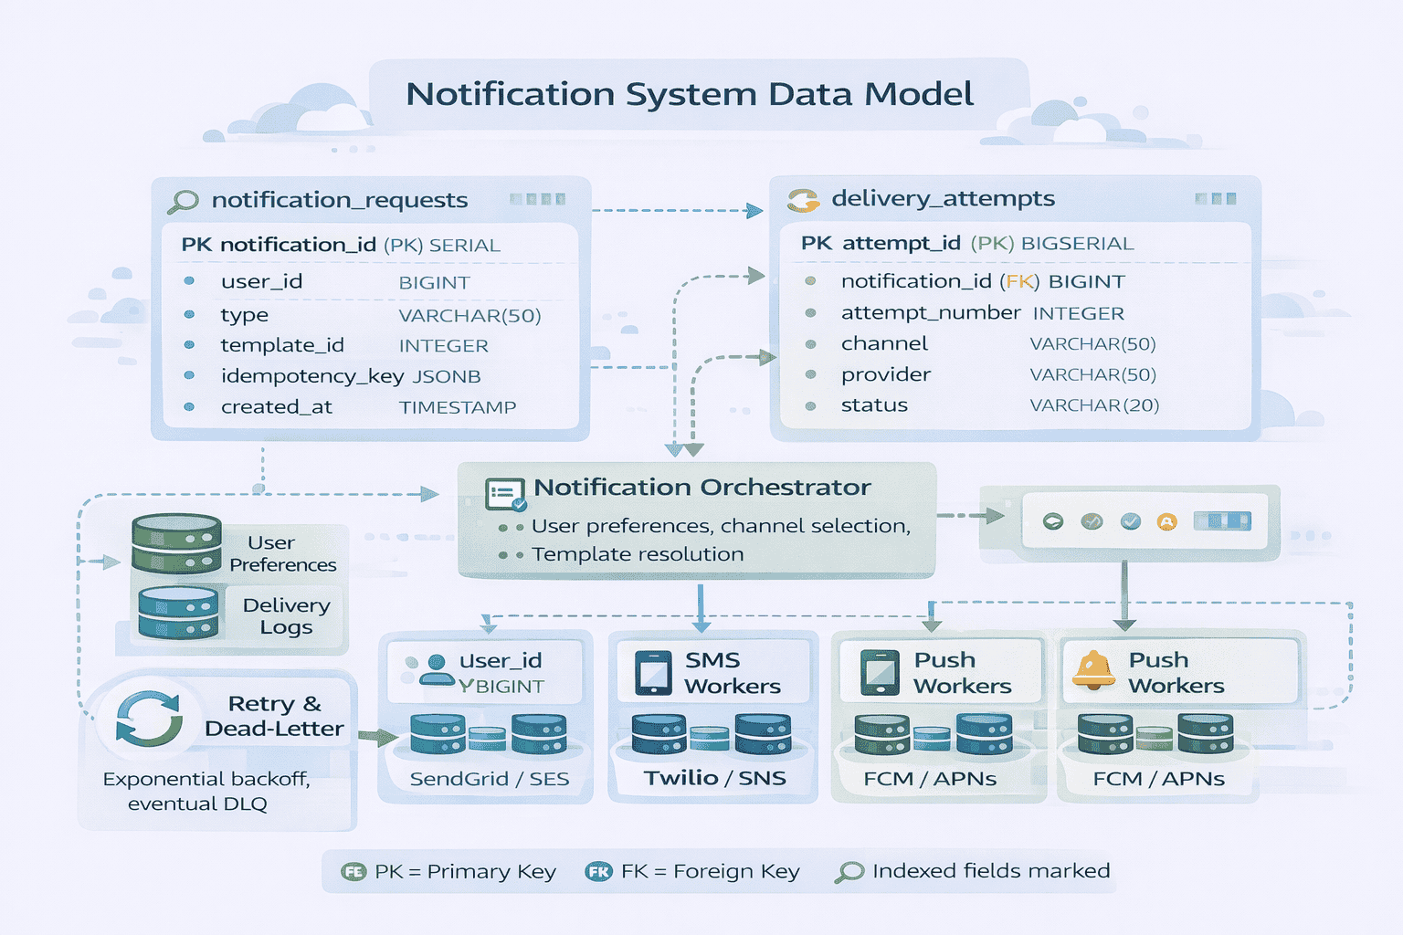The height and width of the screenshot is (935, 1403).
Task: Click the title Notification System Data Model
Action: tap(690, 94)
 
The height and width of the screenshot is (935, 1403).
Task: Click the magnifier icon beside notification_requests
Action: tap(184, 201)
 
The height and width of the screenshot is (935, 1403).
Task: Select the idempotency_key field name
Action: tap(311, 376)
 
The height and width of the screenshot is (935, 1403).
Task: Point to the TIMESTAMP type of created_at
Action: tap(457, 407)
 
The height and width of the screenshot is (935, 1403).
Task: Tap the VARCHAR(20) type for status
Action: tap(1093, 405)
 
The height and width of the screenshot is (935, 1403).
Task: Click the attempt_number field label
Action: tap(930, 312)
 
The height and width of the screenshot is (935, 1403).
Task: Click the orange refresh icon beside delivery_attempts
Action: tap(803, 200)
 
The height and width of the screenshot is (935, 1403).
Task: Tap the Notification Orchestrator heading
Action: tap(701, 488)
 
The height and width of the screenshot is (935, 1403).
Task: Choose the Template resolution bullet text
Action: tap(638, 554)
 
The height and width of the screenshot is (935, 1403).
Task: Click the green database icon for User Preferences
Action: tap(176, 542)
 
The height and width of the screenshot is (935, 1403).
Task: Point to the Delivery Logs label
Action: tap(286, 616)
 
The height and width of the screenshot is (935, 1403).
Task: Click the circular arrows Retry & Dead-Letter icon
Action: tap(148, 719)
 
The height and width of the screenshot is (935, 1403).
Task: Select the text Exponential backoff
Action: tap(206, 779)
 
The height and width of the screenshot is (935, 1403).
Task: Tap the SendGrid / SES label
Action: tap(489, 779)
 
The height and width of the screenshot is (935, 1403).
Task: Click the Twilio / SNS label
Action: tap(714, 778)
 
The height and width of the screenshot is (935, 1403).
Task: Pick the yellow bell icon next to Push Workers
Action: tap(1092, 671)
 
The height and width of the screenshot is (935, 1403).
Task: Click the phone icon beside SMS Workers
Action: tap(653, 673)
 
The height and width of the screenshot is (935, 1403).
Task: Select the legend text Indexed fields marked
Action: tap(990, 871)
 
